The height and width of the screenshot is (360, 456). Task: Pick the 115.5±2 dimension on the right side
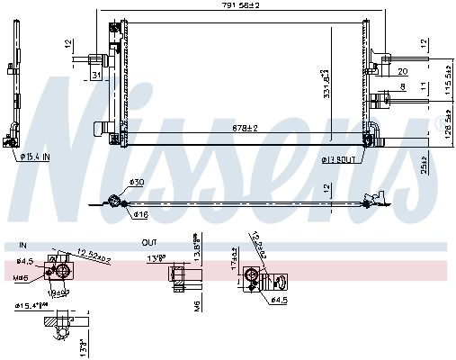coord(447,80)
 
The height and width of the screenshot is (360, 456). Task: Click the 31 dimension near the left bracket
coord(95,75)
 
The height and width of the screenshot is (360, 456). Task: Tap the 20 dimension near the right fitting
coord(402,72)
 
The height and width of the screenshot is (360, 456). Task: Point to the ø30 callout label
coord(137,183)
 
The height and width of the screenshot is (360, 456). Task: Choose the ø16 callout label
coord(140,215)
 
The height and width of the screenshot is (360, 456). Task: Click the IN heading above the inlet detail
coord(22,242)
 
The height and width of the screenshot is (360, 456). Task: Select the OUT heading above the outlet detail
coord(148,242)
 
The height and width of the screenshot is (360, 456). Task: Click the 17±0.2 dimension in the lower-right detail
coord(232,266)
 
